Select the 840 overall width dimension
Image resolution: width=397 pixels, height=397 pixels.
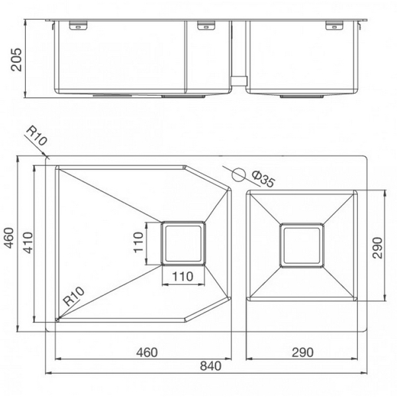210,365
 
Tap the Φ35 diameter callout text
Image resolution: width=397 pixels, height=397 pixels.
263,179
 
